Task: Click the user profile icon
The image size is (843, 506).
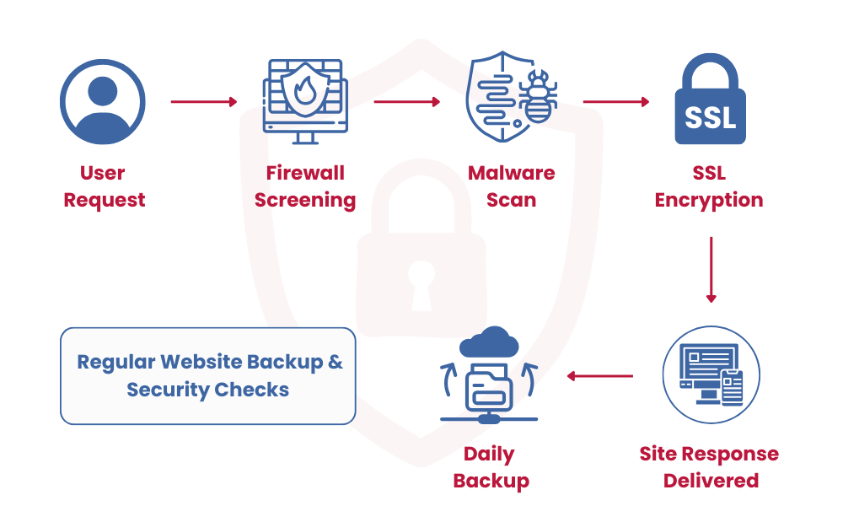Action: [102, 102]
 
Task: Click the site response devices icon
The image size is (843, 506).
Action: [711, 375]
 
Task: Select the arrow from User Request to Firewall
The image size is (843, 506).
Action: [204, 102]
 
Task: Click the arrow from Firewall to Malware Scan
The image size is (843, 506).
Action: [407, 102]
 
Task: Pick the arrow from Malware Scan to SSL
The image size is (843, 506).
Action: [615, 102]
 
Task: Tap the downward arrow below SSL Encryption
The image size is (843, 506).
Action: [711, 270]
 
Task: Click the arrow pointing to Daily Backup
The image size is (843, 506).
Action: [599, 375]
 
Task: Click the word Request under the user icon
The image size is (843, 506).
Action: [105, 201]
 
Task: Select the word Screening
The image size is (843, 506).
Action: [305, 201]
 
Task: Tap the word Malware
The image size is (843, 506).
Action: [511, 174]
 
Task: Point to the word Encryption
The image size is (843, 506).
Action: [709, 201]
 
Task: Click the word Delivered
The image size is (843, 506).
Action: [710, 482]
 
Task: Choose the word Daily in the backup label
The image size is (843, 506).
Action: [489, 455]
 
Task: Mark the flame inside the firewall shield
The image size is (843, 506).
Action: [304, 89]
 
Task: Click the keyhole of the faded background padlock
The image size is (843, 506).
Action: [421, 283]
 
